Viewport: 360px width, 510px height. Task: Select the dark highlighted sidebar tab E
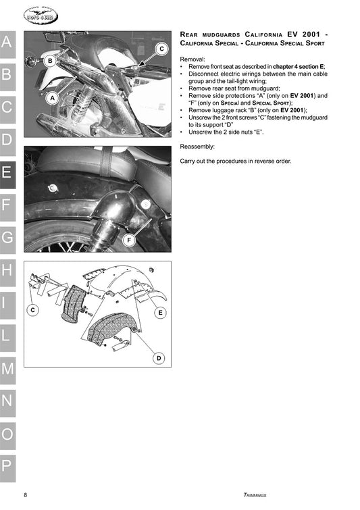[7, 172]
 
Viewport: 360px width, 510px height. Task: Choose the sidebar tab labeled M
[7, 367]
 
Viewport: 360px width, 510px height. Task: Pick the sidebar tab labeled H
[7, 270]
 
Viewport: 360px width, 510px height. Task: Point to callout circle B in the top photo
[49, 61]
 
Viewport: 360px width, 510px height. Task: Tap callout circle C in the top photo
[161, 49]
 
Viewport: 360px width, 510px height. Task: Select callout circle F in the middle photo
[129, 239]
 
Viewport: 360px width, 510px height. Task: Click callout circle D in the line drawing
[159, 358]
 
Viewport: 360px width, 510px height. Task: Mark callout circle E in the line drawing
[160, 313]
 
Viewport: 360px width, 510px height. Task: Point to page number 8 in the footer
[26, 494]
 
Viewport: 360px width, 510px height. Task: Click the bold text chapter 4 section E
[299, 67]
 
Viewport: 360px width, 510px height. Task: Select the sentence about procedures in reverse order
[236, 161]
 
